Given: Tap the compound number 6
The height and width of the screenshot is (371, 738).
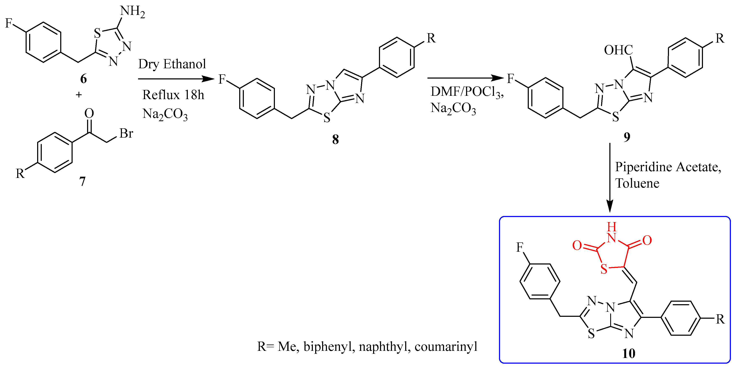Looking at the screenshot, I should [x=83, y=79].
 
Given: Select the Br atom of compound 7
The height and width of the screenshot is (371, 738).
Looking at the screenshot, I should [x=126, y=133].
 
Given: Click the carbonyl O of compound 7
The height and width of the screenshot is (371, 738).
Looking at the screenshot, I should [x=89, y=114].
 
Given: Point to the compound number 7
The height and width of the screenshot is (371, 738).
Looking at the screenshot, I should [x=82, y=181].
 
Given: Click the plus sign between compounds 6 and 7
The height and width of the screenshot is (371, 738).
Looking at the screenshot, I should [x=79, y=95].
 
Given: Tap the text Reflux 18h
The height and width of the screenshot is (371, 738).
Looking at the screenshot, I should [x=173, y=95].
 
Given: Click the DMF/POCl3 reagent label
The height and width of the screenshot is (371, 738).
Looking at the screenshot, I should [x=467, y=92].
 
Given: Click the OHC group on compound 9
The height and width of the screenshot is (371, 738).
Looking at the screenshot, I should [x=618, y=50].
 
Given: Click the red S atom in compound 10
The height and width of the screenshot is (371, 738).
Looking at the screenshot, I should [x=604, y=269].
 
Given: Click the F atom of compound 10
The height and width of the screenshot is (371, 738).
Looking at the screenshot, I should [x=520, y=247].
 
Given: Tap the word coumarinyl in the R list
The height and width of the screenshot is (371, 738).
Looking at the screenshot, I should [x=446, y=347].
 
